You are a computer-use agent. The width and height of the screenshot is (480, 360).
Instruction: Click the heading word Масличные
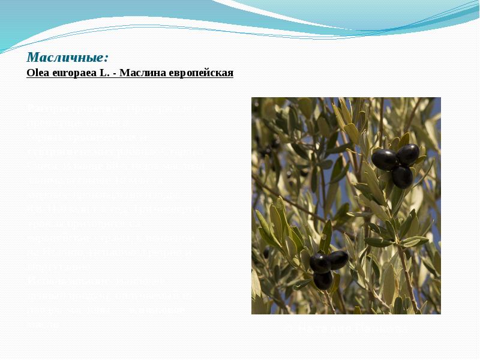point(67,58)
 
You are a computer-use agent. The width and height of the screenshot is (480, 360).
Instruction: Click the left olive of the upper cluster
point(384,160)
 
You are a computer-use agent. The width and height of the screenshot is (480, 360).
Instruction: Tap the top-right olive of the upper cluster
point(408,154)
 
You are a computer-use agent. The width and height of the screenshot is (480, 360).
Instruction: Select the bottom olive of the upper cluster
point(402,176)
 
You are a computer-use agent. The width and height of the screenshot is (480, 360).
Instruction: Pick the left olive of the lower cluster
point(319,262)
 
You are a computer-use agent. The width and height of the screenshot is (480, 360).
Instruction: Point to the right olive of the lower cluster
point(338,259)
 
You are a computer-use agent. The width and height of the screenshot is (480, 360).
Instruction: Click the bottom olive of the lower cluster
point(323,279)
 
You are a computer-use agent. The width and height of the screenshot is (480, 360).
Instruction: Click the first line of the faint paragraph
point(111,109)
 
